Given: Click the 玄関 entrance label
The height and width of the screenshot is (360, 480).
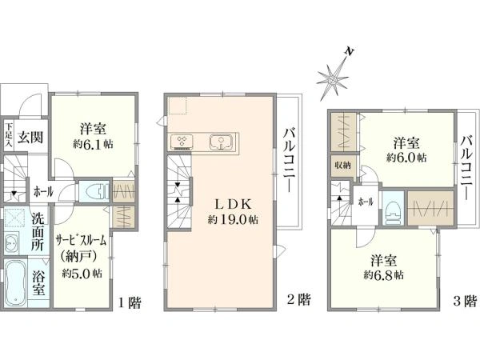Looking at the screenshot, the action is coord(30,138).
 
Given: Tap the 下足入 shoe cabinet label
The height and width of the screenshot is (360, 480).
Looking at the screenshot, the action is coord(9,135).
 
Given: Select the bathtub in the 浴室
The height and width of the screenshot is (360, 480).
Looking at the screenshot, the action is coord(15,283).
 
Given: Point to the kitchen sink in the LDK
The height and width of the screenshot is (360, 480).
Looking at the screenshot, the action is coord(221,142).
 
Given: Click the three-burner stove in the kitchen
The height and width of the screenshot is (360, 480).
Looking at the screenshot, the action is coord(182,142).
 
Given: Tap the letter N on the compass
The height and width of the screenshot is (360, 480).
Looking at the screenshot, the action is coord(349,51).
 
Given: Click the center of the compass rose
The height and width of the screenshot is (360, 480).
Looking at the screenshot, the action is coord(333,79).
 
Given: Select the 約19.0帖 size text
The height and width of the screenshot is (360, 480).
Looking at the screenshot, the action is coord(232,219).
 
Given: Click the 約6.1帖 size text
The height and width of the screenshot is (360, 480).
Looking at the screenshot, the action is coord(93,144).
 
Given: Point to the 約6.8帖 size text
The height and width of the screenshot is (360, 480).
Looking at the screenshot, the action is coord(383,274).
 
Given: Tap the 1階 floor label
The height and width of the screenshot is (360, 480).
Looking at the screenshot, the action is coord(130,302).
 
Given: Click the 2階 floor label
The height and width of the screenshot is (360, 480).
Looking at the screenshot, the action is coord(298,299).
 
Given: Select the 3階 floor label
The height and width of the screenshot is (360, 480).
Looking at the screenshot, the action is coord(466,301).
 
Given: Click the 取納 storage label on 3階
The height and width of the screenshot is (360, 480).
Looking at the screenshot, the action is coord(343,166).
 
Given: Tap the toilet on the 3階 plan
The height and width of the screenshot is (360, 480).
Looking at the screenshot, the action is coord(393,210).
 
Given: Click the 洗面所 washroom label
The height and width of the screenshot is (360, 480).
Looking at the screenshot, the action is coord(38,232).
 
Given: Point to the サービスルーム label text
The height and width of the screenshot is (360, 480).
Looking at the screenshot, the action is coord(81,241).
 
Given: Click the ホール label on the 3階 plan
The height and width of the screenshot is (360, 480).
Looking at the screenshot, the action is coord(366,202).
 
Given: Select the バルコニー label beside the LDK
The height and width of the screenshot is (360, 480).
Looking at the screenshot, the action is coord(290,161).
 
